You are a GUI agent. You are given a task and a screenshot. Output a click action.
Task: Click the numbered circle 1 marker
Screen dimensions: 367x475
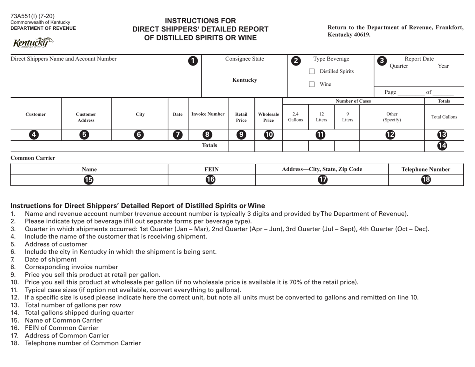(192, 61)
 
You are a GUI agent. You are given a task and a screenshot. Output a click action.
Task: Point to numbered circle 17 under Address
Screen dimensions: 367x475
(322, 180)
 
